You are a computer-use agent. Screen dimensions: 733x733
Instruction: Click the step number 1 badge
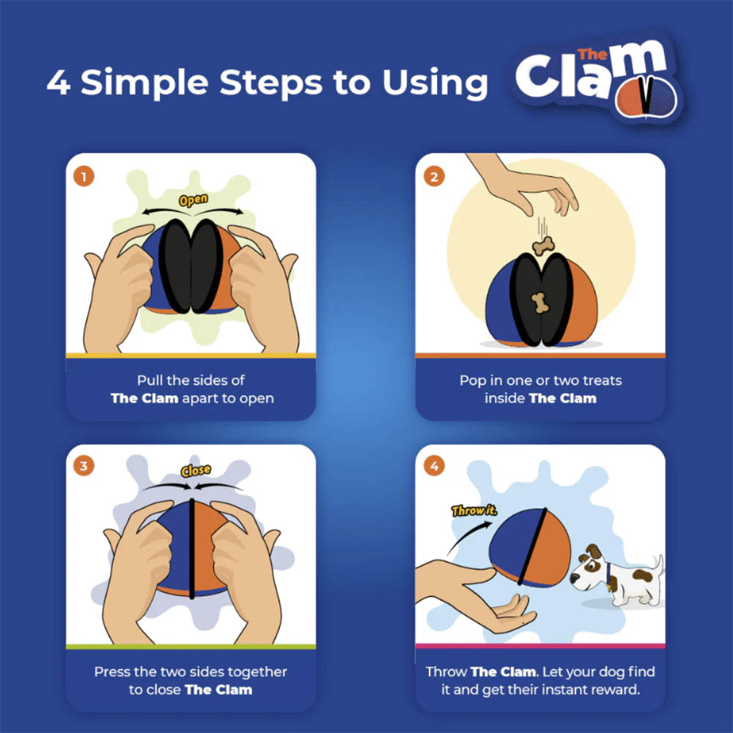(x=84, y=177)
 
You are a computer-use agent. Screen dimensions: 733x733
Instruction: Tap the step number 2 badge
(x=434, y=177)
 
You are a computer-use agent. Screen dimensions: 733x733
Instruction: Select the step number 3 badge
(x=84, y=466)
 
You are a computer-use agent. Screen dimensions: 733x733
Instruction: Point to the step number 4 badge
(x=434, y=466)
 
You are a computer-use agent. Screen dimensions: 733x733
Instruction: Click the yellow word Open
(x=194, y=200)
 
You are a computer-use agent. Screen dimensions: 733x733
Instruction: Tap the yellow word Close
(x=196, y=471)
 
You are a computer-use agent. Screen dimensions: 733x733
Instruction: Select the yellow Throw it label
(x=474, y=510)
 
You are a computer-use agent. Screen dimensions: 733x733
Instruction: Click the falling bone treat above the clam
(x=543, y=246)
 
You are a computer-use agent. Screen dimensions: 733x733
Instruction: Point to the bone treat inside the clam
(x=540, y=303)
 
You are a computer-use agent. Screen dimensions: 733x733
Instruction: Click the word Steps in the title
(x=270, y=83)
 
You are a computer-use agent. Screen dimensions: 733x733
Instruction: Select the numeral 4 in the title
(x=59, y=82)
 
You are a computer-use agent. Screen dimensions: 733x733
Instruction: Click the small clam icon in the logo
(x=646, y=97)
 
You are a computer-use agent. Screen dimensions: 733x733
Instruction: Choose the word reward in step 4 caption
(x=616, y=690)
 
